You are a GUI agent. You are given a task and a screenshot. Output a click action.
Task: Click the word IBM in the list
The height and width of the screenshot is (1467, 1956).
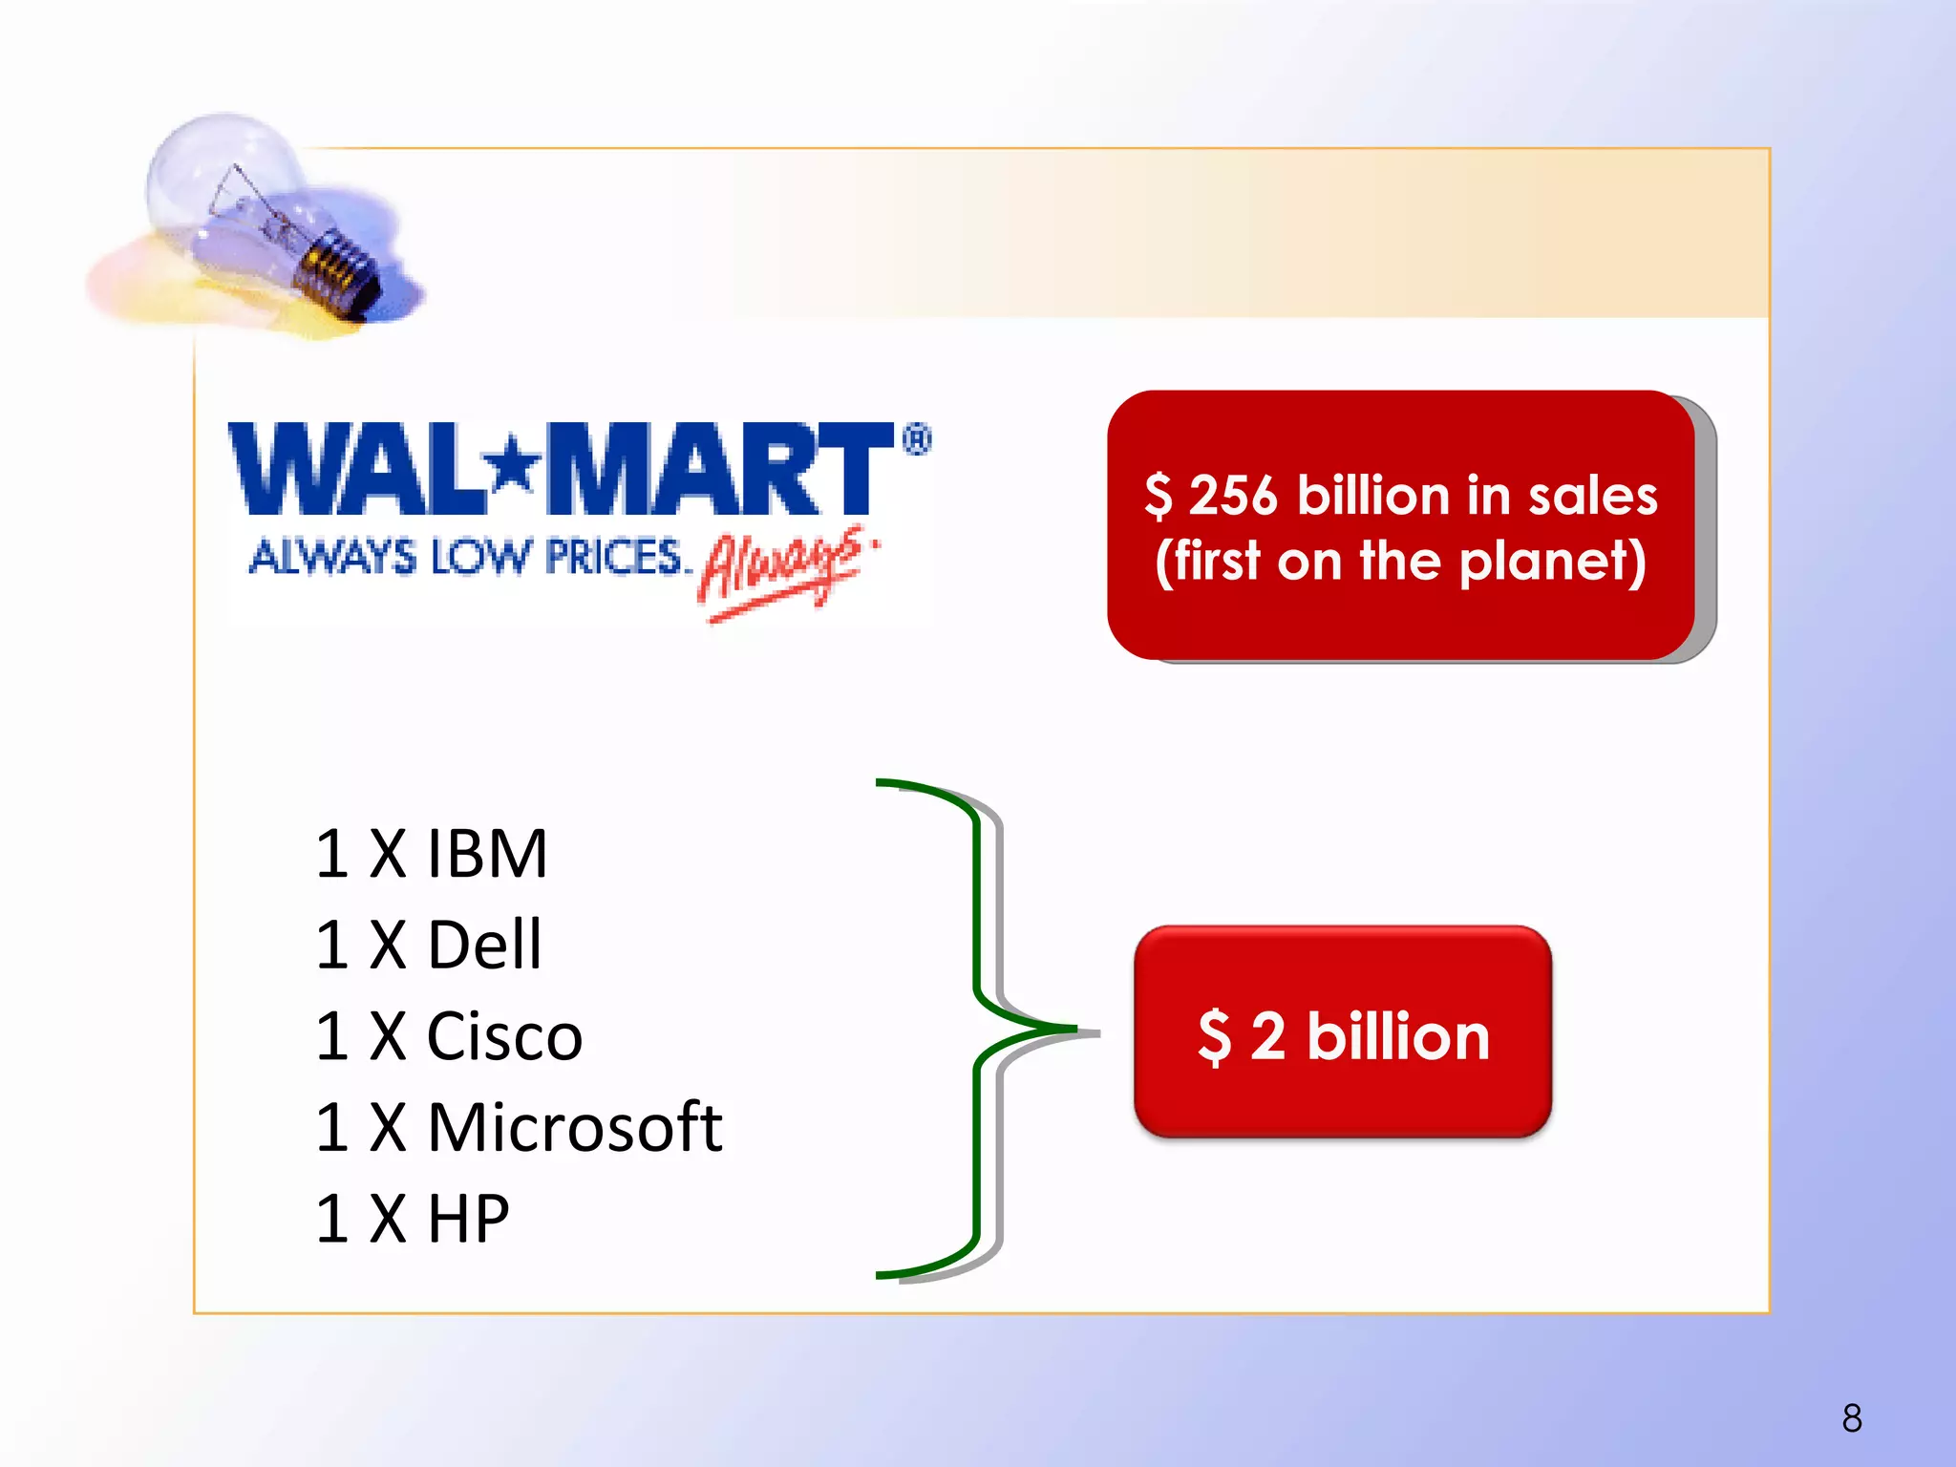point(487,853)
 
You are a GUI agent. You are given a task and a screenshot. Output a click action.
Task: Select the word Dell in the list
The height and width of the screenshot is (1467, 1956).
point(484,945)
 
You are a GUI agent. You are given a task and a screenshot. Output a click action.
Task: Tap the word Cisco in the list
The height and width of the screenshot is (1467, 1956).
point(504,1036)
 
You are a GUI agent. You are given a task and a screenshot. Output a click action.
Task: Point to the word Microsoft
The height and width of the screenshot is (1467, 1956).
point(575,1128)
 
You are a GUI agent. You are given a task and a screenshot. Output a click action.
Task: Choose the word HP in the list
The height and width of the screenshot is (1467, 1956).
point(468,1219)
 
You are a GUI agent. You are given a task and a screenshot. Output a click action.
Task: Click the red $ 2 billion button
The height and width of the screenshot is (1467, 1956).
point(1343,1033)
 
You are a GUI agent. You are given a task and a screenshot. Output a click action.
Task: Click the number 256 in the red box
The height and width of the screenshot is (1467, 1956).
point(1232,496)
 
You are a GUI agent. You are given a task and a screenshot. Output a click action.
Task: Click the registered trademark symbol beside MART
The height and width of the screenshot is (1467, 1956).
point(916,439)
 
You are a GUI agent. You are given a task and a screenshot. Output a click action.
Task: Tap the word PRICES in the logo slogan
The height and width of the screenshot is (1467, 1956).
point(613,557)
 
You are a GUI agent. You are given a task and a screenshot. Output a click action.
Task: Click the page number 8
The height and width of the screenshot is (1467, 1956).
point(1852,1418)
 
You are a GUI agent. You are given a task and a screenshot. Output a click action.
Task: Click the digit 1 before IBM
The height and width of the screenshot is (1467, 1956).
point(332,853)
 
